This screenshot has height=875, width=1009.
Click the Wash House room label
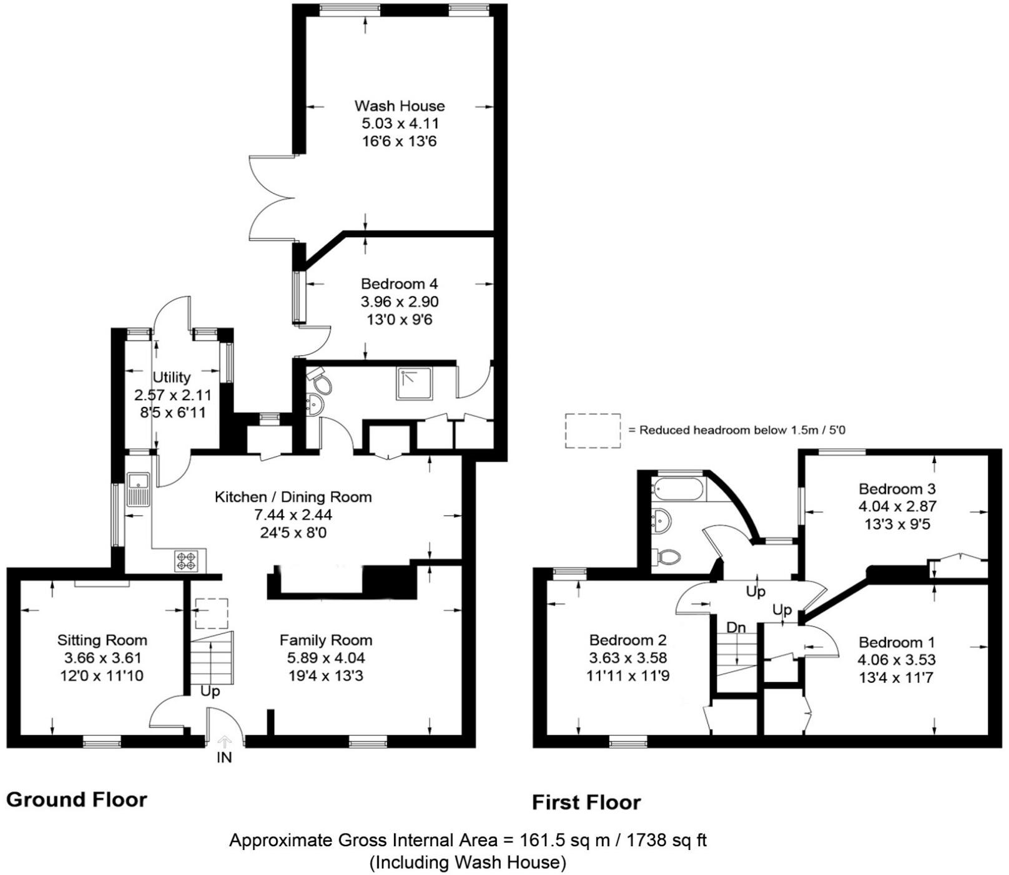pos(400,105)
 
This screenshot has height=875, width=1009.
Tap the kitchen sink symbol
pos(137,489)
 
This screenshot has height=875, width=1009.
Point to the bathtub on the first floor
pos(677,489)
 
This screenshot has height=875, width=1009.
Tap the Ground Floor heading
pos(77,799)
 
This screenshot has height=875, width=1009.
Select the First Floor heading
pos(586,803)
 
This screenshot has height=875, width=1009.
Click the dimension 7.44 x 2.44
pos(293,515)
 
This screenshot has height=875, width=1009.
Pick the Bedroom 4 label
pos(400,284)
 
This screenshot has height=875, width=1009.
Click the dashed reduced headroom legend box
pos(593,430)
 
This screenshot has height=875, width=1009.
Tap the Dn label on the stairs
pos(736,627)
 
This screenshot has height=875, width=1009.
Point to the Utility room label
pos(172,377)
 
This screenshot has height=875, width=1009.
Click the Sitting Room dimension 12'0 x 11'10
pos(102,675)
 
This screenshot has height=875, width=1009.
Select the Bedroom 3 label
pos(897,489)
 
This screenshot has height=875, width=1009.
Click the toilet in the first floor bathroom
pos(667,556)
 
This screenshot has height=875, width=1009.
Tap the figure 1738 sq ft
pos(661,840)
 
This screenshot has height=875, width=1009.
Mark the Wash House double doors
pos(270,198)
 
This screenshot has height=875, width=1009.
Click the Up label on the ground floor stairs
pos(210,692)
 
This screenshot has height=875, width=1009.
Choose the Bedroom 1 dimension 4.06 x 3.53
pos(897,660)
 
